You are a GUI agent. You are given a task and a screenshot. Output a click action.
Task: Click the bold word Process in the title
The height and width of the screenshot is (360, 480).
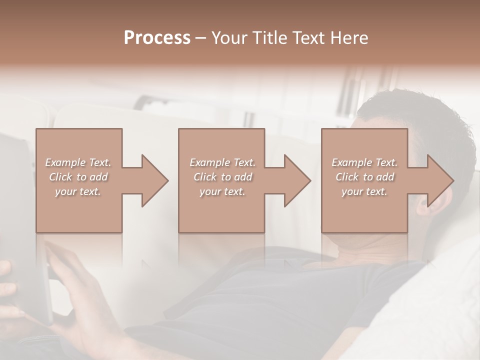[x=157, y=38]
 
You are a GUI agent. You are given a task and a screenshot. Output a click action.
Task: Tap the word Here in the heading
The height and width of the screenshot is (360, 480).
[x=350, y=38]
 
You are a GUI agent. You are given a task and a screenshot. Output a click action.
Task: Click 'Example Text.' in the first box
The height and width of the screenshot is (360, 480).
[x=78, y=162]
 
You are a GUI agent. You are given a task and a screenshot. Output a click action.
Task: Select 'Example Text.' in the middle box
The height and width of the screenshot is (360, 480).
[x=222, y=162]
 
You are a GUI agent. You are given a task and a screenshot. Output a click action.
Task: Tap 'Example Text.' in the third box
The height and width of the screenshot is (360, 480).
[x=364, y=162]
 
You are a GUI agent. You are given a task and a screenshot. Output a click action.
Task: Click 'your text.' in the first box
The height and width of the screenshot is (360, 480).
[x=78, y=191]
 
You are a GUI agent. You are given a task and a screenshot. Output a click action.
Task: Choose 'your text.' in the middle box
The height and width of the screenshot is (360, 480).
[x=222, y=191]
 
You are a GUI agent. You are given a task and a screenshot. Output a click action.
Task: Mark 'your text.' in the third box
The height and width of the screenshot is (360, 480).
[x=364, y=191]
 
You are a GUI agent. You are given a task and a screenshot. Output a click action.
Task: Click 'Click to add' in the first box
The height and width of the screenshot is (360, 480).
[x=78, y=177]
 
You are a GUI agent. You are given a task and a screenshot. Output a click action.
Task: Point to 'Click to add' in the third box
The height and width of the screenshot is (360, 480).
[x=364, y=177]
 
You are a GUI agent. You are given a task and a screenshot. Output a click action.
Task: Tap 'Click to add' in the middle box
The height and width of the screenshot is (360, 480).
[x=222, y=177]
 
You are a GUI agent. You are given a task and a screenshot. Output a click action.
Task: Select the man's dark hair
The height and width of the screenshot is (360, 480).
[x=420, y=120]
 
